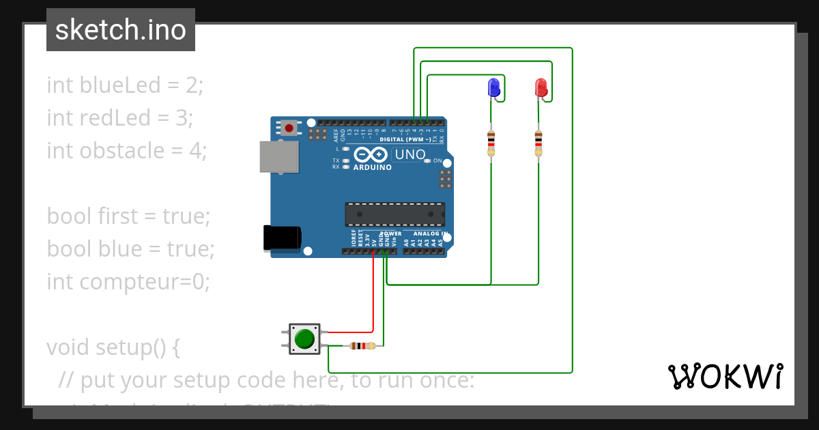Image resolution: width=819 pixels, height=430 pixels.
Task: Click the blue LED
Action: [x=493, y=87]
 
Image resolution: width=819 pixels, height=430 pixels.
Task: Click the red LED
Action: [x=541, y=87]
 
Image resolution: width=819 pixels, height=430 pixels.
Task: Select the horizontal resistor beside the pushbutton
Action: [x=362, y=346]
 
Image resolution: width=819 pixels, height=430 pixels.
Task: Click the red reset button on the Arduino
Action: [x=290, y=128]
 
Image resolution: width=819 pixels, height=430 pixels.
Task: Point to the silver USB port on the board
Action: [x=278, y=157]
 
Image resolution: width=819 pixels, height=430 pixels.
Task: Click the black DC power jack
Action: [x=282, y=237]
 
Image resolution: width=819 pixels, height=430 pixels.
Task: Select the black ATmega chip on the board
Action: [x=394, y=214]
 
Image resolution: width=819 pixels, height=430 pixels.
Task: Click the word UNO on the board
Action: [x=410, y=155]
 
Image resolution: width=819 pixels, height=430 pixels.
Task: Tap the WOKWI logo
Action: [x=724, y=376]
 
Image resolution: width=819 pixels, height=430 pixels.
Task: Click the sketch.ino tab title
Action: [x=121, y=30]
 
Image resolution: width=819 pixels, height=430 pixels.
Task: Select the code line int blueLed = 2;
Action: [x=125, y=85]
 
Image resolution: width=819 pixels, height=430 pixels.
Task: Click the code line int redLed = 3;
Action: [x=120, y=118]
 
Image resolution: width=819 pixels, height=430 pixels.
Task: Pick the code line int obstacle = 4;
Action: [x=126, y=151]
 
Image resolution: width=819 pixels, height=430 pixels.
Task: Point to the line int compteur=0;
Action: [x=128, y=281]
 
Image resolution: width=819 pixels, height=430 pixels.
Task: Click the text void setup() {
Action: [x=113, y=347]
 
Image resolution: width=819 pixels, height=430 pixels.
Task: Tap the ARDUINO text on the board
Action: [x=373, y=167]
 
